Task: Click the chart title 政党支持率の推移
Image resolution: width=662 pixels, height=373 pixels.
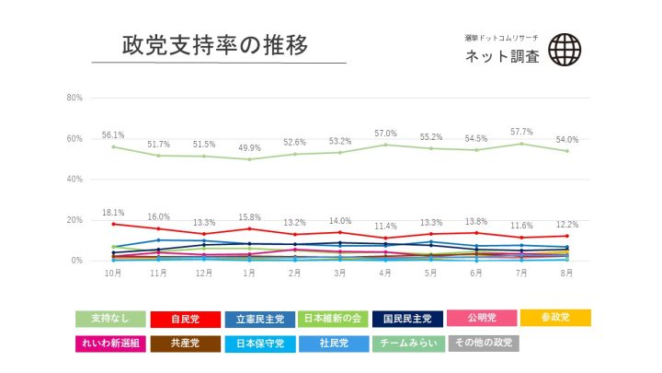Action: click(x=214, y=45)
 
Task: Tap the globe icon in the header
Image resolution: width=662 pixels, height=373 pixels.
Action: click(x=564, y=50)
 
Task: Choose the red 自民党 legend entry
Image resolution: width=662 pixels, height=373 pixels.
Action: click(x=185, y=319)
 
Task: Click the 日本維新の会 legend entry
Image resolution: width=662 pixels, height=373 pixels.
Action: click(x=334, y=319)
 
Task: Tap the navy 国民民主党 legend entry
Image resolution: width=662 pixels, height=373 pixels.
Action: click(x=408, y=319)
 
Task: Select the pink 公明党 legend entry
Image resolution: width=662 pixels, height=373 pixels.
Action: click(x=483, y=319)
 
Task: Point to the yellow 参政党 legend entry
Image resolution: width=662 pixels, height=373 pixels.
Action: click(x=555, y=318)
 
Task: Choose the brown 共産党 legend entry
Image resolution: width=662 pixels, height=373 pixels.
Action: click(x=185, y=344)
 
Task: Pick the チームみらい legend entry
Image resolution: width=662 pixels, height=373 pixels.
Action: click(x=408, y=344)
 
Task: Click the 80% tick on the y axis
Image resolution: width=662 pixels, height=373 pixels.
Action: click(x=75, y=98)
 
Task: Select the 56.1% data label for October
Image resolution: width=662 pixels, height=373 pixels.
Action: click(x=113, y=134)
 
